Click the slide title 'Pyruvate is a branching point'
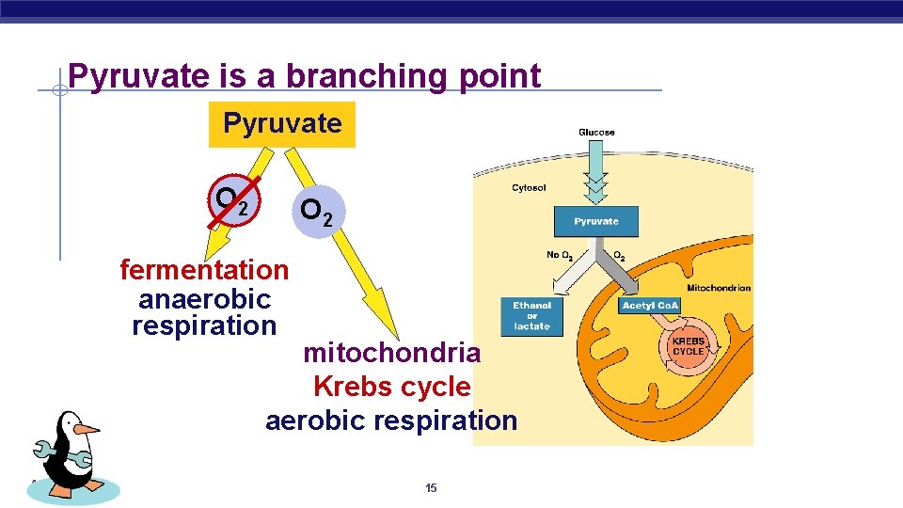pyautogui.click(x=305, y=76)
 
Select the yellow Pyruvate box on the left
pyautogui.click(x=282, y=124)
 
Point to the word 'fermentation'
pyautogui.click(x=204, y=270)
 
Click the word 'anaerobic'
pyautogui.click(x=204, y=299)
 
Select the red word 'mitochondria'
pyautogui.click(x=391, y=354)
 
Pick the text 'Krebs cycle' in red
pyautogui.click(x=391, y=387)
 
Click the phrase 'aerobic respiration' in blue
pyautogui.click(x=391, y=421)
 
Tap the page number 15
pyautogui.click(x=431, y=487)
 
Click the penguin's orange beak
pyautogui.click(x=87, y=428)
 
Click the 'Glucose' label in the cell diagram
pyautogui.click(x=596, y=133)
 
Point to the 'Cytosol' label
pyautogui.click(x=529, y=188)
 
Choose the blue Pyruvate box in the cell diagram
pyautogui.click(x=596, y=221)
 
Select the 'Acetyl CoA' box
pyautogui.click(x=650, y=306)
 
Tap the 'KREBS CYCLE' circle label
pyautogui.click(x=689, y=346)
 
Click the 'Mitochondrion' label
pyautogui.click(x=720, y=288)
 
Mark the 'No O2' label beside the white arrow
pyautogui.click(x=561, y=255)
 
